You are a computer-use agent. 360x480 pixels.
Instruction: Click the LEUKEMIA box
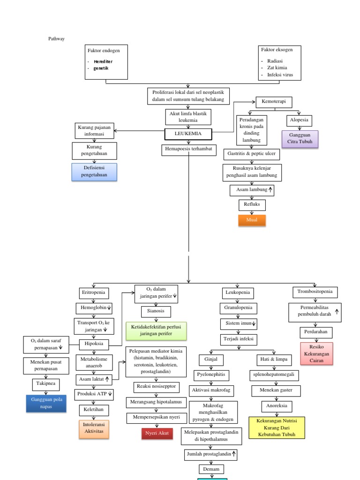pyautogui.click(x=188, y=134)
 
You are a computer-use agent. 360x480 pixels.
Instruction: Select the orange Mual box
pyautogui.click(x=252, y=220)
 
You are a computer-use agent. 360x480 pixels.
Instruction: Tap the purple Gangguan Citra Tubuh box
pyautogui.click(x=300, y=139)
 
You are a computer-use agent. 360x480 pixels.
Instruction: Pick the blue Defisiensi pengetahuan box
pyautogui.click(x=94, y=172)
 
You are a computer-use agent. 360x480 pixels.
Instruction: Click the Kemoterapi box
pyautogui.click(x=274, y=102)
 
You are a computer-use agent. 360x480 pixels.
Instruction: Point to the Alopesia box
pyautogui.click(x=300, y=120)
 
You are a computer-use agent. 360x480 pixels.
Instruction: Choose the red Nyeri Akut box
pyautogui.click(x=157, y=434)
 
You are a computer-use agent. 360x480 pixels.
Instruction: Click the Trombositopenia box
pyautogui.click(x=315, y=292)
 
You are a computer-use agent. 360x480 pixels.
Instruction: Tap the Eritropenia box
pyautogui.click(x=94, y=293)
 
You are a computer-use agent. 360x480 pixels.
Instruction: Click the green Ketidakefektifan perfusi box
pyautogui.click(x=156, y=330)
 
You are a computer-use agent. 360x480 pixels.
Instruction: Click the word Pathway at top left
pyautogui.click(x=57, y=38)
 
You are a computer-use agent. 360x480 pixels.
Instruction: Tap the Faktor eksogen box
pyautogui.click(x=279, y=63)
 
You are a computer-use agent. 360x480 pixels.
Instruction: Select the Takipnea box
pyautogui.click(x=46, y=383)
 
